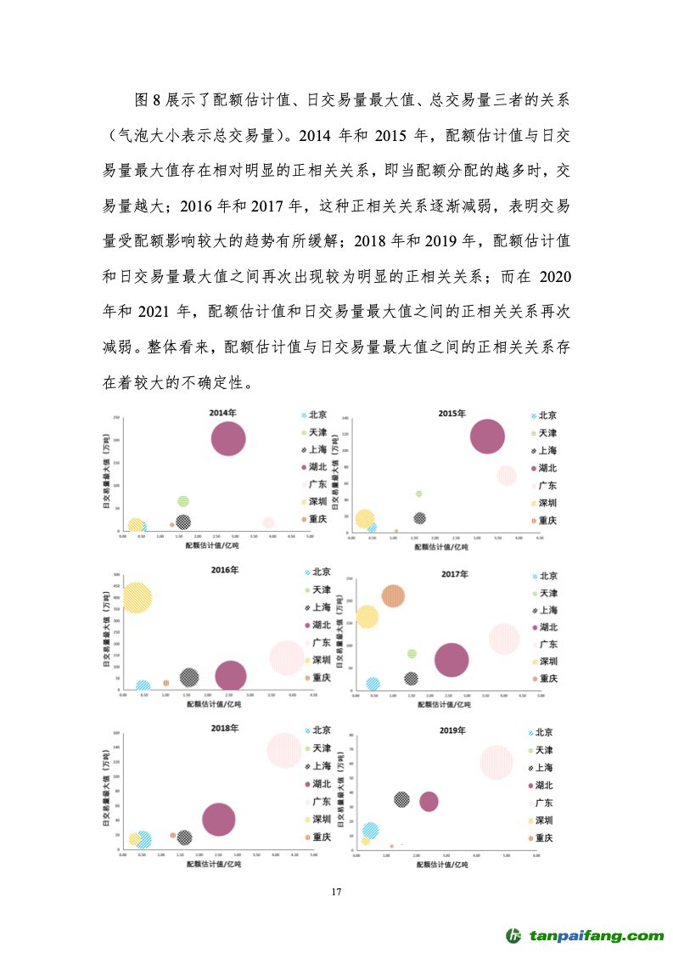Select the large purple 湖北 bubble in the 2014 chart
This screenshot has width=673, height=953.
coord(228,439)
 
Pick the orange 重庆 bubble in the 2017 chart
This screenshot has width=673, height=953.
coord(393,596)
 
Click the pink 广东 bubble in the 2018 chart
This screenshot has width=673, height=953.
coord(284,750)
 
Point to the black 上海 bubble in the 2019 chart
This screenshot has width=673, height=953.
coord(401,799)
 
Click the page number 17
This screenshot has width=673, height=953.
coord(336,892)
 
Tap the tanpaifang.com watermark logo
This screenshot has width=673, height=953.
coord(586,936)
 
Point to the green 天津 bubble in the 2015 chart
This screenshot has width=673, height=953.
coord(418,493)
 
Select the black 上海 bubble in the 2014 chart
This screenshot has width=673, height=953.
coord(183,522)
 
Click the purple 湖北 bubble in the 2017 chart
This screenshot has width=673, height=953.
coord(451,660)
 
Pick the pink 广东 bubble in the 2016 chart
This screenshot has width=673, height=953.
coord(286,657)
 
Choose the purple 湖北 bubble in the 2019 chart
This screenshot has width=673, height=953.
coord(429,801)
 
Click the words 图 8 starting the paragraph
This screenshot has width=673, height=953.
coord(142,100)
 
